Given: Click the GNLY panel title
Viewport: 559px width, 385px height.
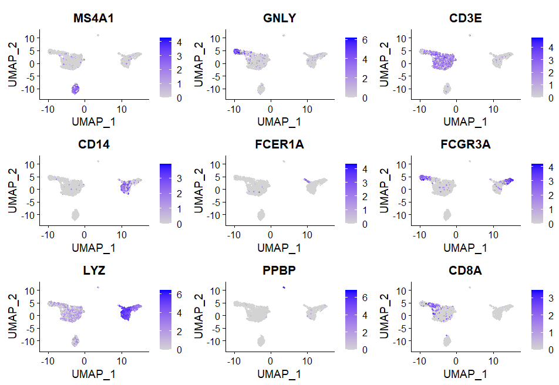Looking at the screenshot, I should (x=280, y=18).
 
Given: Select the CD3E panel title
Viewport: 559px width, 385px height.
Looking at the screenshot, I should (x=466, y=18).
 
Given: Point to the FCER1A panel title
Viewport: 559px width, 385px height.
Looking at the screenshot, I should (x=280, y=144).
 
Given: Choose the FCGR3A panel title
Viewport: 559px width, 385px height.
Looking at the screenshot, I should (x=466, y=144).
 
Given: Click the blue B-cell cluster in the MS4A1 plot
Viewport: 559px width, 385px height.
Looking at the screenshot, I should (x=75, y=89).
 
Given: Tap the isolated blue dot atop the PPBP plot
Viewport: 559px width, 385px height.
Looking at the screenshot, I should (x=284, y=288).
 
